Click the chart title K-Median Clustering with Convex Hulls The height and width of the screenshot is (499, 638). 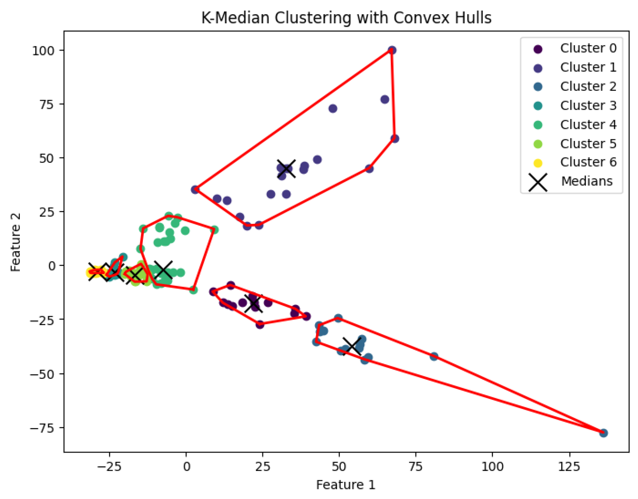pyautogui.click(x=346, y=18)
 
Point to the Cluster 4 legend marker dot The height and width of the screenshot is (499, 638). pyautogui.click(x=538, y=125)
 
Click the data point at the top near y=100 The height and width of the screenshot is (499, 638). pyautogui.click(x=392, y=50)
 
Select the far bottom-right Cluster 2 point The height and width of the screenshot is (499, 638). pyautogui.click(x=603, y=433)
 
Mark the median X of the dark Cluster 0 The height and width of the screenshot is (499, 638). pyautogui.click(x=253, y=303)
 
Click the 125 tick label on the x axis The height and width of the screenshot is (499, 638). pyautogui.click(x=569, y=467)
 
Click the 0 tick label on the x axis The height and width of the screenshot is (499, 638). pyautogui.click(x=186, y=467)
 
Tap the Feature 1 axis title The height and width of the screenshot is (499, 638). pyautogui.click(x=346, y=485)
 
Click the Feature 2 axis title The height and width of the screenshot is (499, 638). pyautogui.click(x=15, y=242)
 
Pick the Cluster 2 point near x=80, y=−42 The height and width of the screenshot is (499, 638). pyautogui.click(x=434, y=357)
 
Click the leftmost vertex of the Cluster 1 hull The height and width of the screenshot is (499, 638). pyautogui.click(x=195, y=189)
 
